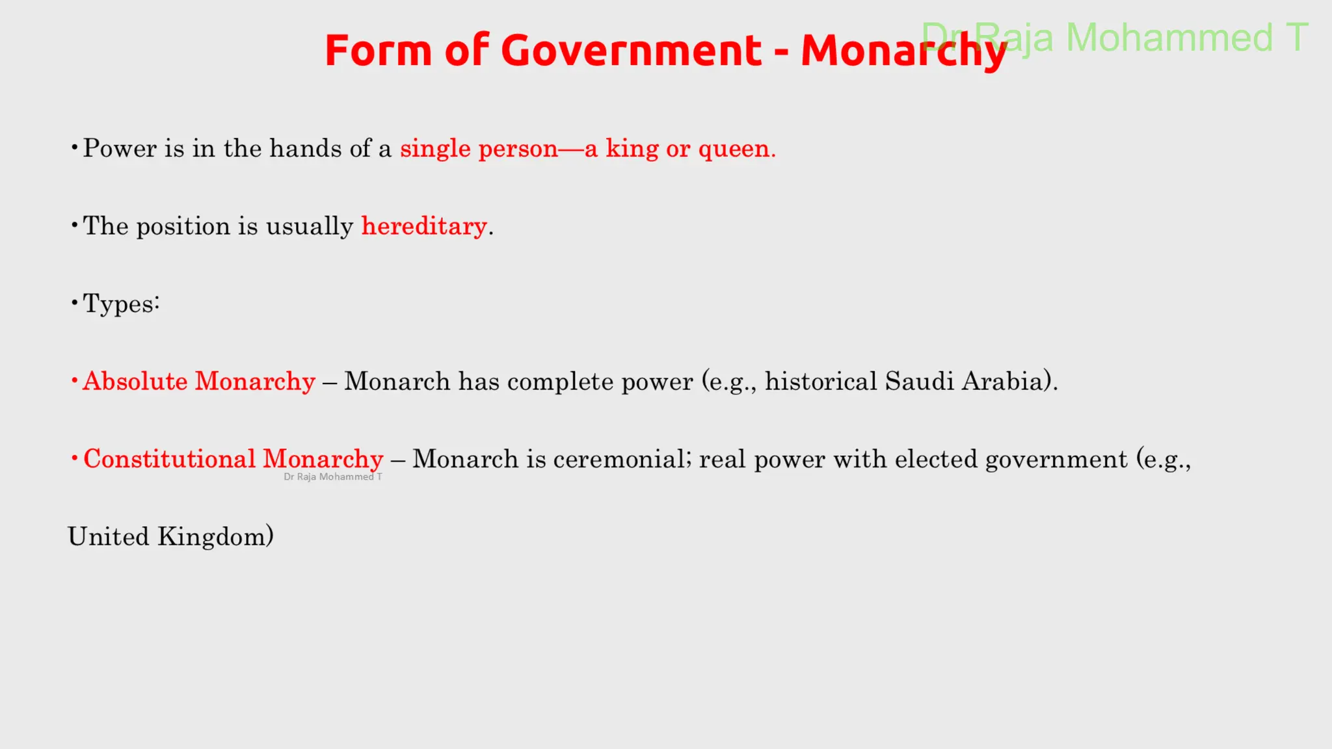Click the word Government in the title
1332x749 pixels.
pyautogui.click(x=631, y=51)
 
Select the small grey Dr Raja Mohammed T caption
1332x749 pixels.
pyautogui.click(x=333, y=477)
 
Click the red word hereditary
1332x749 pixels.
pyautogui.click(x=424, y=226)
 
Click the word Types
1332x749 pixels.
pyautogui.click(x=120, y=304)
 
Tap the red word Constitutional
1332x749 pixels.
pyautogui.click(x=170, y=459)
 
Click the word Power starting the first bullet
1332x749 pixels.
pyautogui.click(x=120, y=149)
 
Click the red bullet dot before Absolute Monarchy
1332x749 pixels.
pyautogui.click(x=75, y=380)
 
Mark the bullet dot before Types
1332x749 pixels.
pyautogui.click(x=75, y=302)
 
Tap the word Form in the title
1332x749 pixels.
pyautogui.click(x=378, y=51)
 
